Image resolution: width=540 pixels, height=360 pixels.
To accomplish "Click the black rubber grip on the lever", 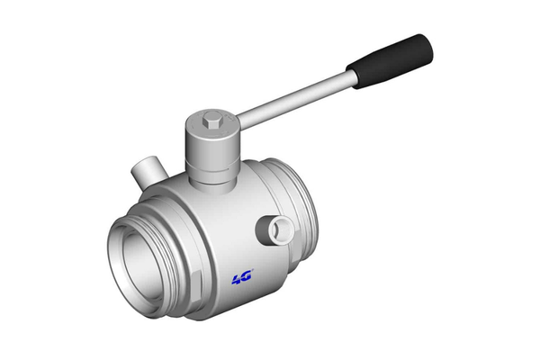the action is [390, 61].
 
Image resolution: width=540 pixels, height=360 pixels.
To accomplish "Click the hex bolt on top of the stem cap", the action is [211, 121].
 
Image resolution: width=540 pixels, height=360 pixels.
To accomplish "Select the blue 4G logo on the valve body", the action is [242, 276].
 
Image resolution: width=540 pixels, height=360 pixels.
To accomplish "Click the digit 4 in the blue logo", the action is [238, 279].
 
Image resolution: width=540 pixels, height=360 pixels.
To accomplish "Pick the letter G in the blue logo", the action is [247, 274].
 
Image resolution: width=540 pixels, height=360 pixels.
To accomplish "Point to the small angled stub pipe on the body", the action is [148, 171].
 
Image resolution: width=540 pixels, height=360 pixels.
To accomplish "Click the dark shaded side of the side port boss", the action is [263, 229].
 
